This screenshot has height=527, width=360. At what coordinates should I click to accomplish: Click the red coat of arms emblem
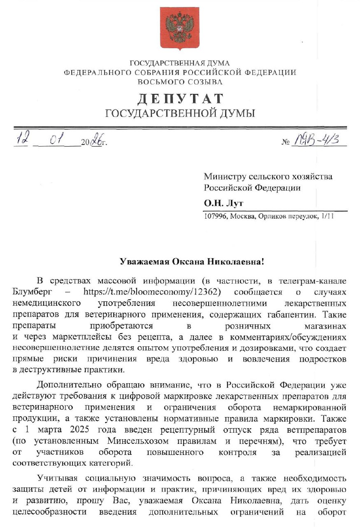click(179, 28)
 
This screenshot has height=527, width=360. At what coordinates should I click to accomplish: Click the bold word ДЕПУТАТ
click(180, 99)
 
